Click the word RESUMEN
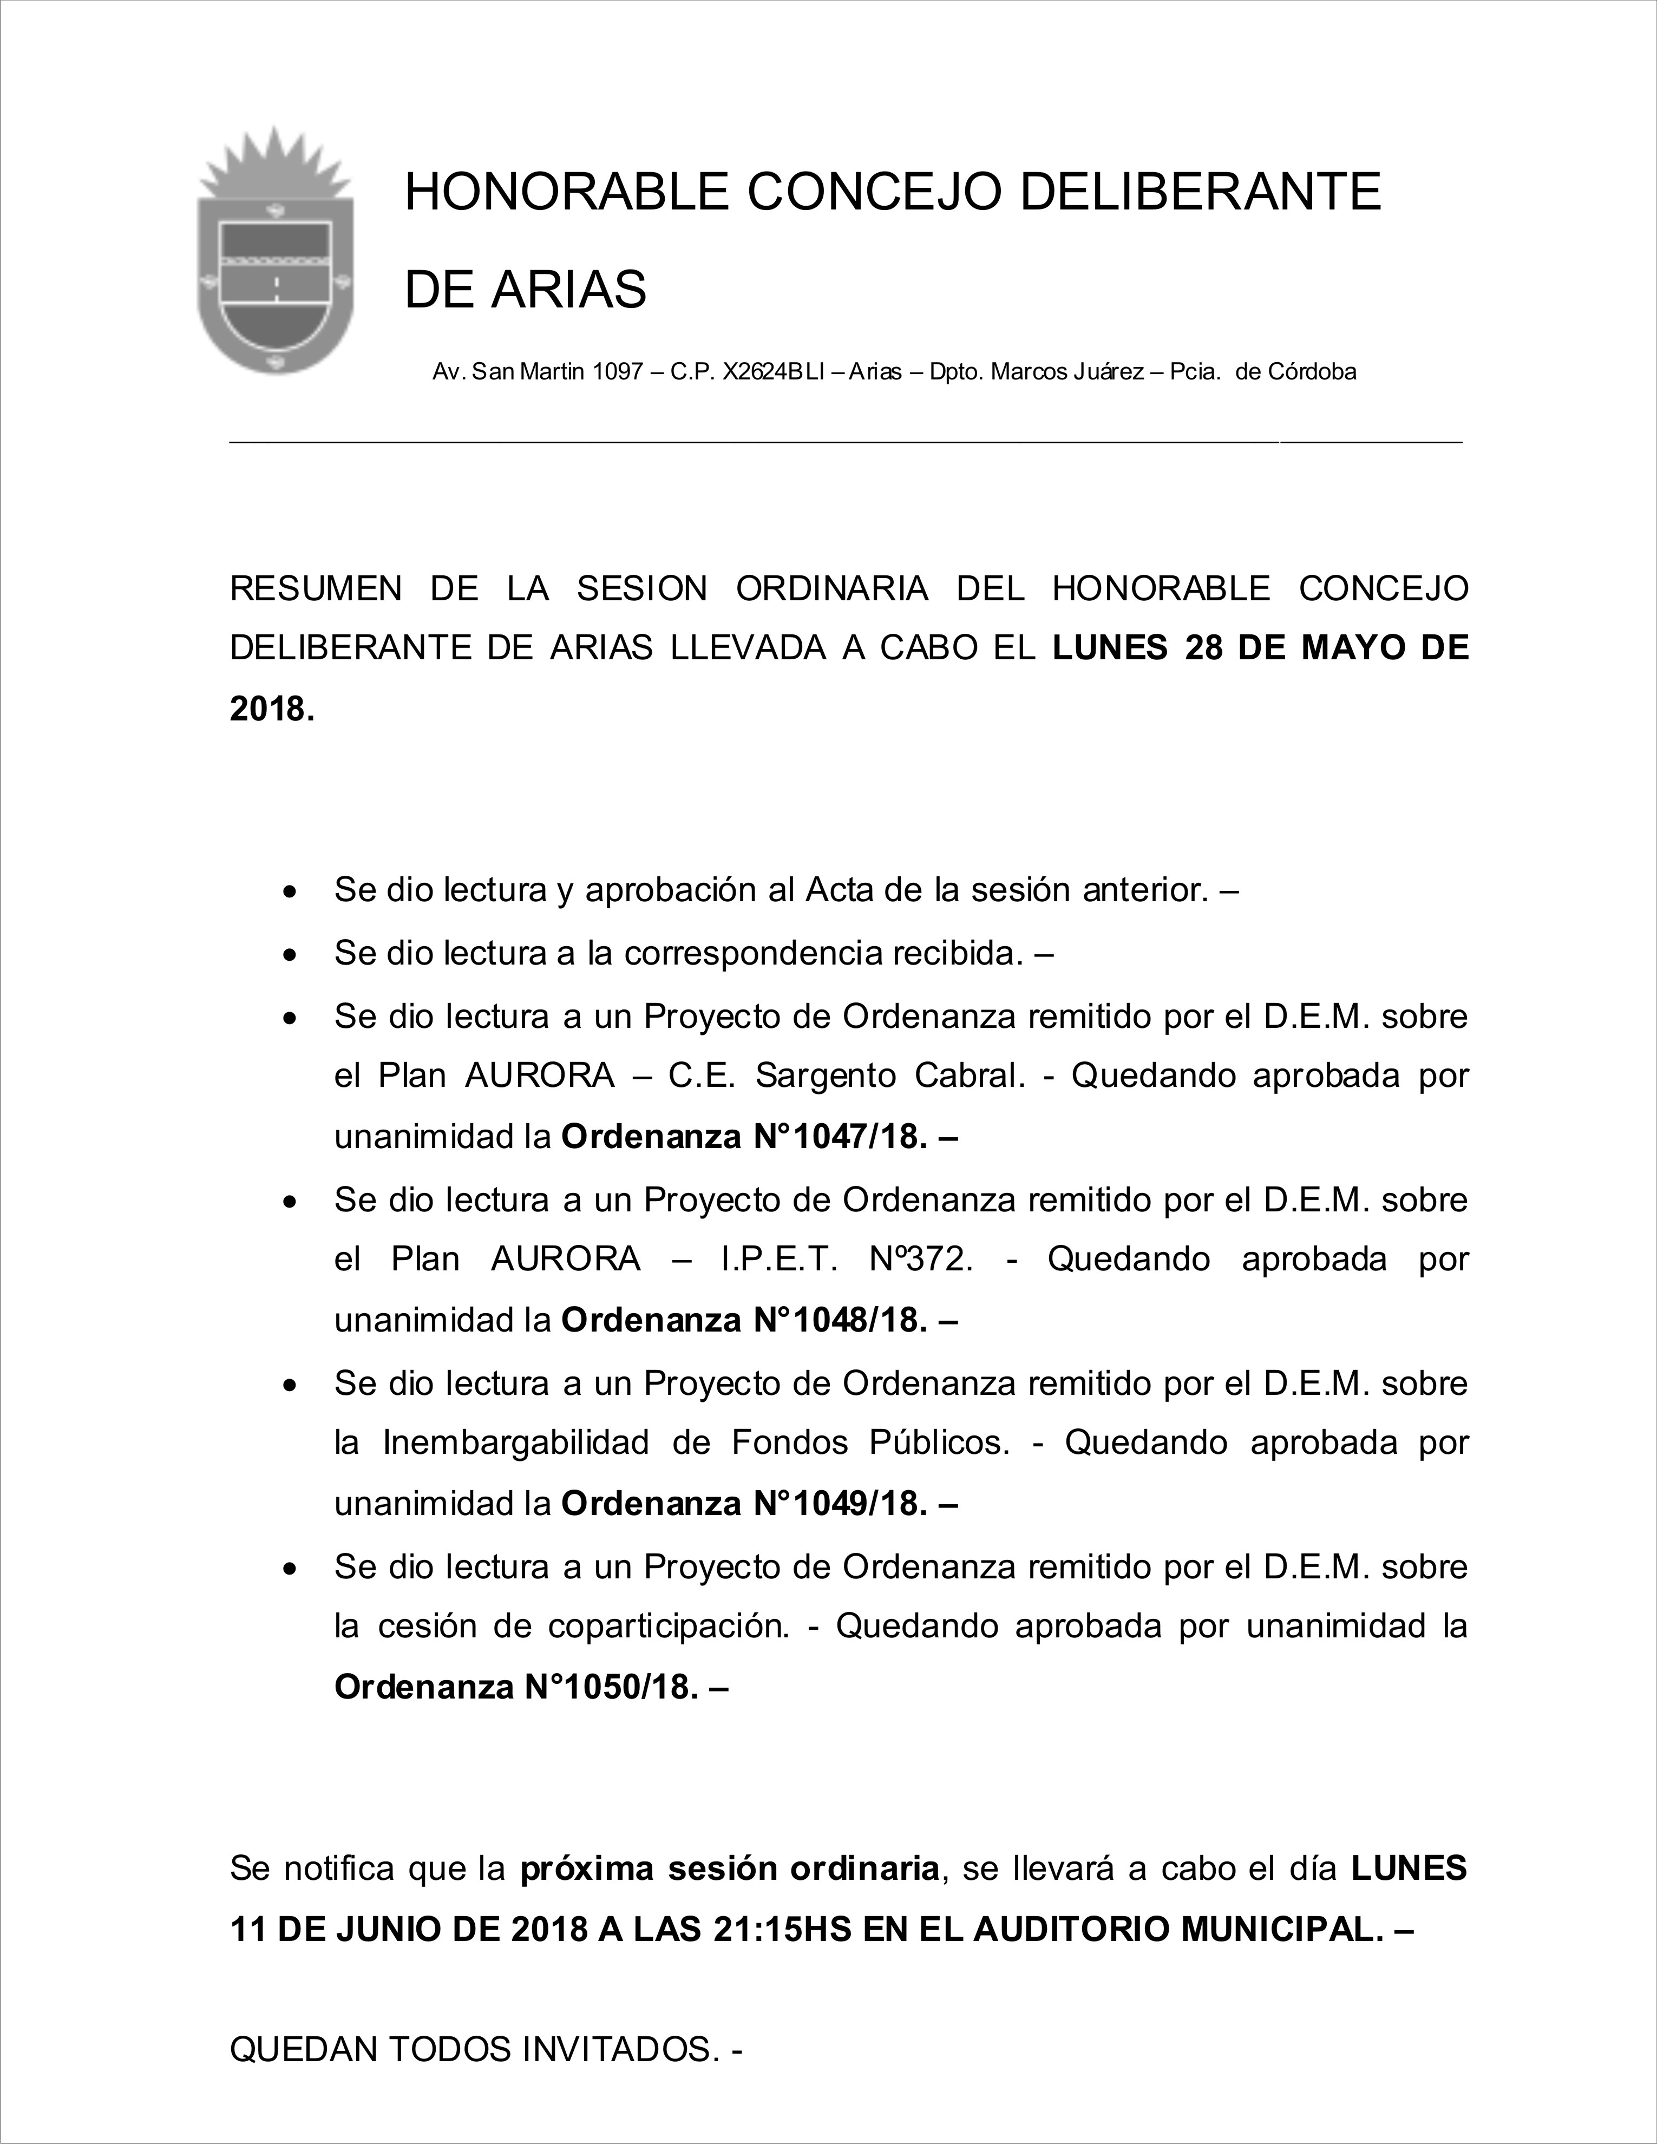click(x=315, y=589)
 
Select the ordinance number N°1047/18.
click(x=839, y=1137)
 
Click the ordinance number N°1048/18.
click(x=839, y=1320)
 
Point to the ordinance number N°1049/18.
click(x=839, y=1504)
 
